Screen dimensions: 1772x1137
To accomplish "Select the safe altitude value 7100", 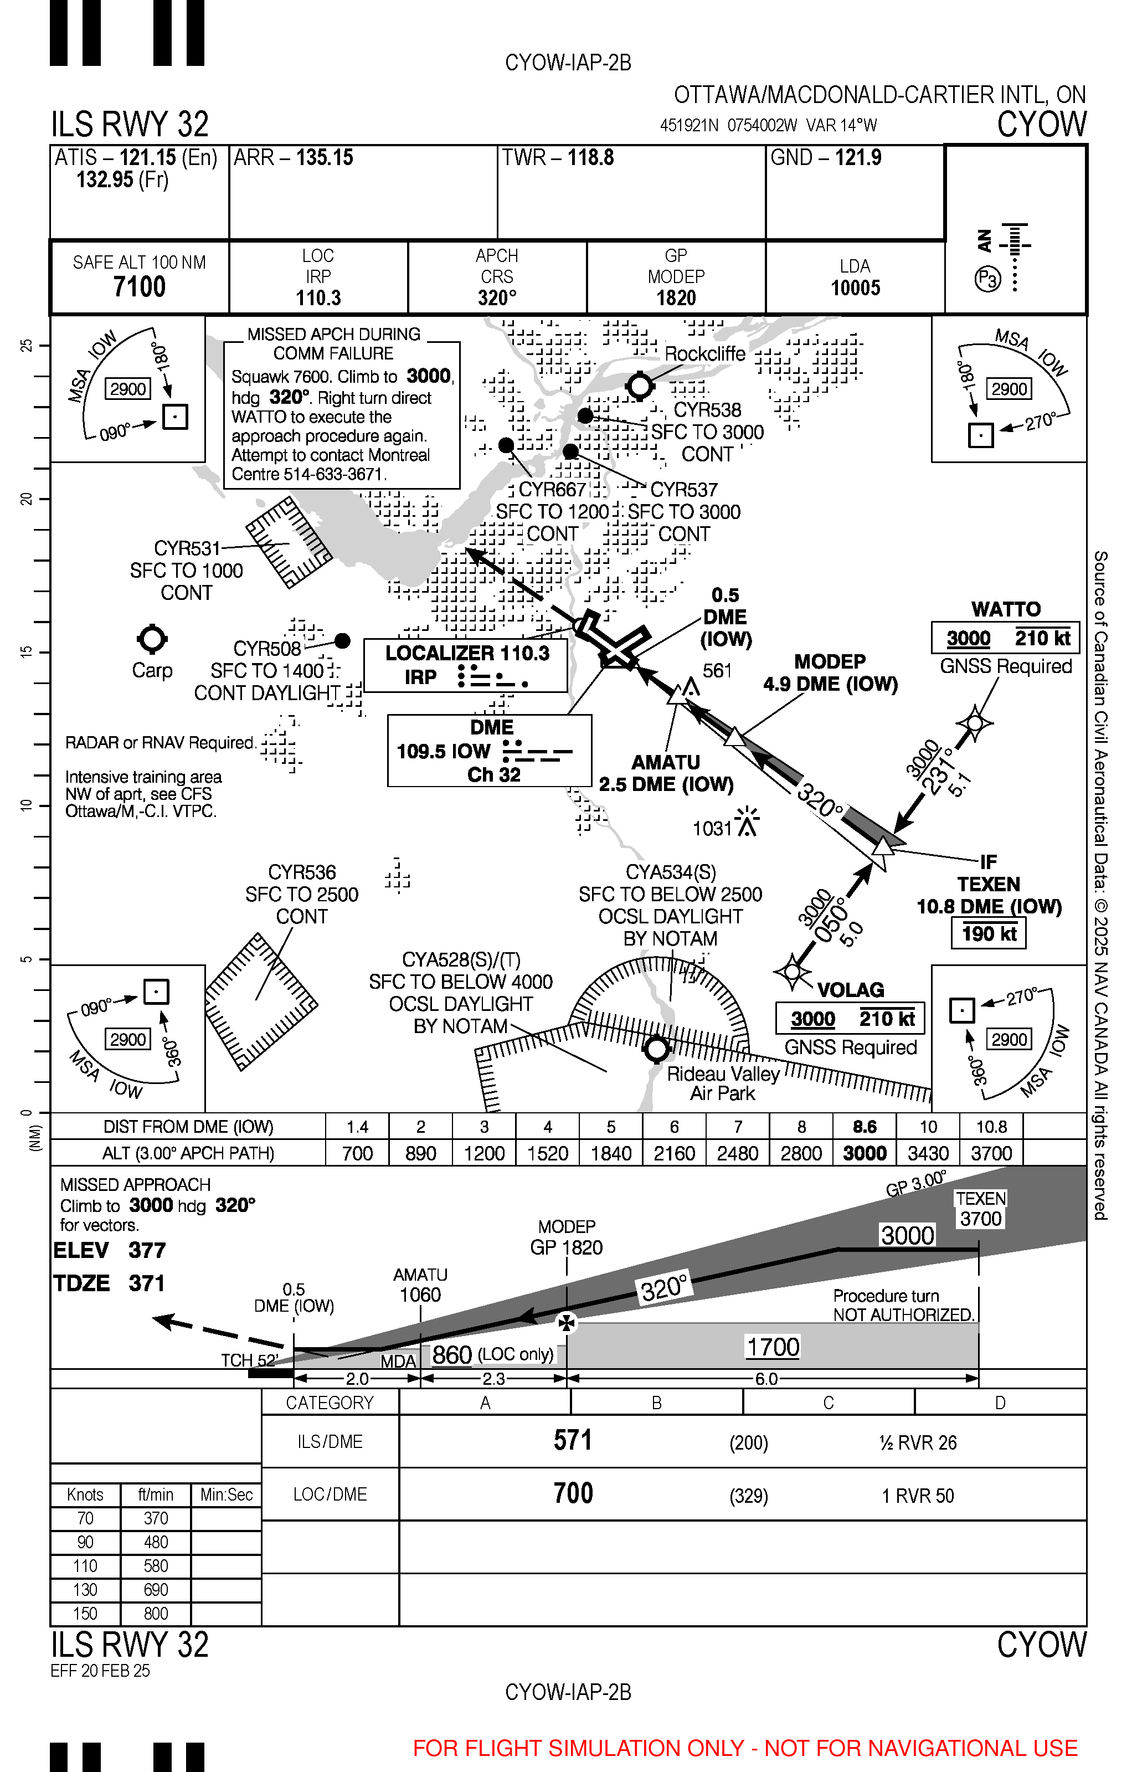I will click(x=139, y=286).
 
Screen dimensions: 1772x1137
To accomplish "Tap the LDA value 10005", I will click(x=855, y=288).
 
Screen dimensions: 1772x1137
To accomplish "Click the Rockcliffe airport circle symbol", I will click(x=639, y=386).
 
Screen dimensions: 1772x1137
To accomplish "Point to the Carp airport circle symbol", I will click(x=152, y=639).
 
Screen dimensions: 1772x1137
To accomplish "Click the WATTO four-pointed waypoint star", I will click(x=975, y=723).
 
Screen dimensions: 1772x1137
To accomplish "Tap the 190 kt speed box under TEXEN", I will click(x=989, y=933).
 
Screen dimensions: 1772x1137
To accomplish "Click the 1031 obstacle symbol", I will click(x=747, y=823).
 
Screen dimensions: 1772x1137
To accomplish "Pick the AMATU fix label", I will click(x=665, y=762).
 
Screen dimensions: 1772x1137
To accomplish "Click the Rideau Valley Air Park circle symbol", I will click(x=656, y=1049).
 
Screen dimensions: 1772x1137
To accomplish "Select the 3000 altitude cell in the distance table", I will click(x=865, y=1153).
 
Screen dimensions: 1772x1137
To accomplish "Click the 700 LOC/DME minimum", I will click(x=573, y=1493).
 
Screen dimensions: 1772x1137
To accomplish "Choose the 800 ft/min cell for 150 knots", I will click(x=156, y=1613).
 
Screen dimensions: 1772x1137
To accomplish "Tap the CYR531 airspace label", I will click(x=187, y=548).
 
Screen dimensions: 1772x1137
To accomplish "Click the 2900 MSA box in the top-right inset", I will click(x=1009, y=389).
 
